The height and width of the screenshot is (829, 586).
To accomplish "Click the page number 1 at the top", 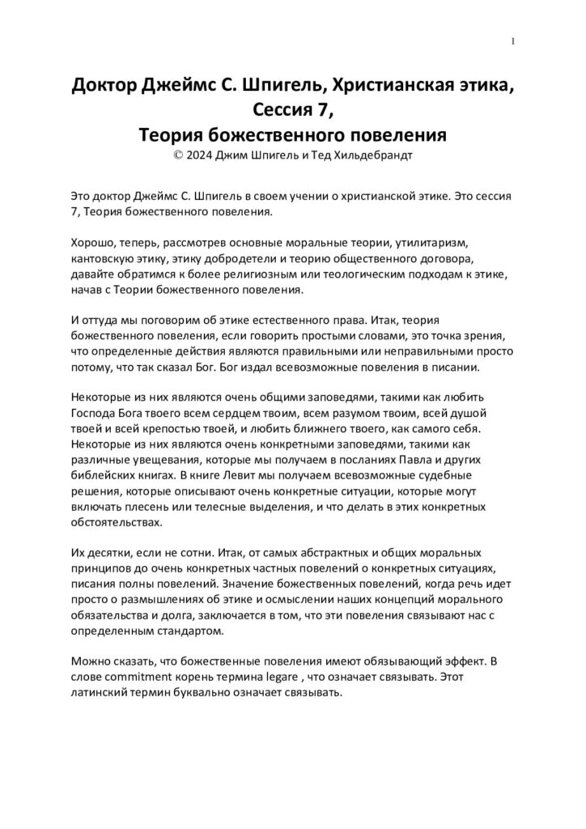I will click(513, 41).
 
